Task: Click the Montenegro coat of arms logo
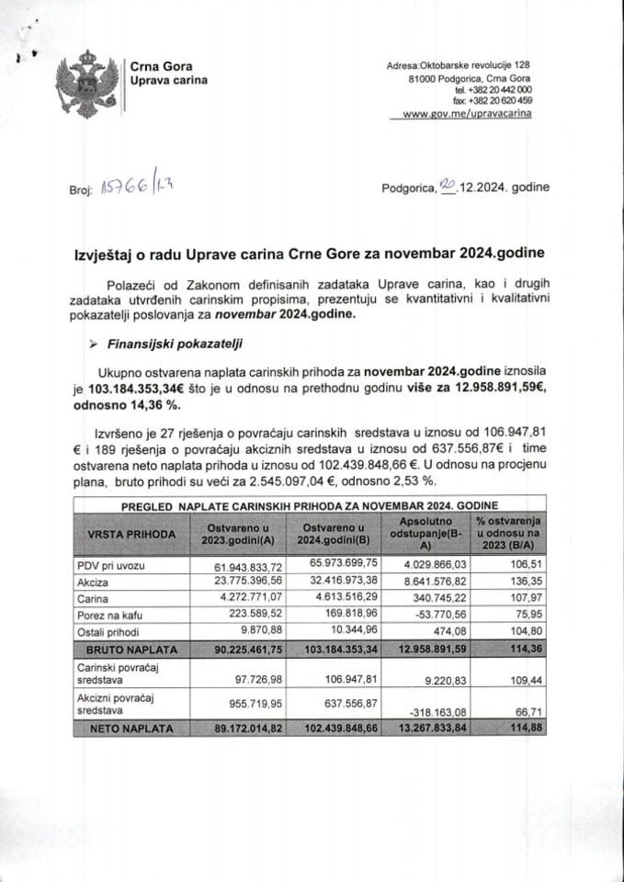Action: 88,84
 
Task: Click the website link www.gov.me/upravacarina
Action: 467,113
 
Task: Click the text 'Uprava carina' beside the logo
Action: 168,81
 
